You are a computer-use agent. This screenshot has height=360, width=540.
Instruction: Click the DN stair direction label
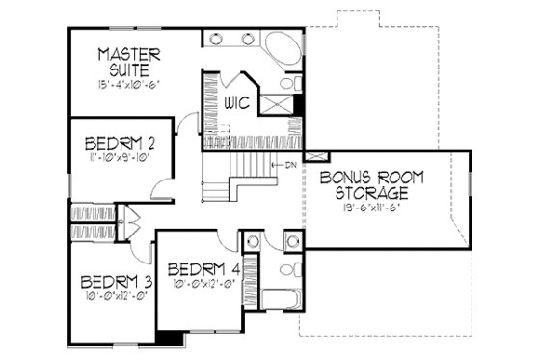289,166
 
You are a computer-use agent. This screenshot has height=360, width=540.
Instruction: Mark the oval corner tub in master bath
283,48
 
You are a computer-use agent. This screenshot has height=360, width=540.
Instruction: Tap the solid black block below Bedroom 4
169,338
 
